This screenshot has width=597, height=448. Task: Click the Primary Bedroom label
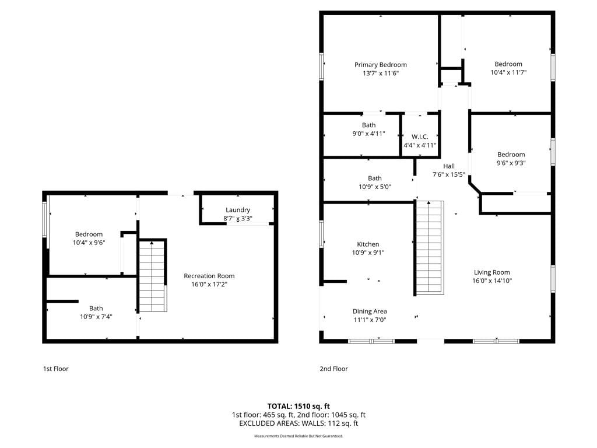380,65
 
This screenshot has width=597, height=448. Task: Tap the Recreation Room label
209,276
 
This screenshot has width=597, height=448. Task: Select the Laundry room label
238,210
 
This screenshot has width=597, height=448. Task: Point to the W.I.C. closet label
420,136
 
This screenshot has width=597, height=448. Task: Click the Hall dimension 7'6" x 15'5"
448,174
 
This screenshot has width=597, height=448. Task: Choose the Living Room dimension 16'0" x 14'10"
492,281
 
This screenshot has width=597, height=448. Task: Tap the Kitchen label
368,244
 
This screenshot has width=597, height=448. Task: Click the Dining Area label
369,311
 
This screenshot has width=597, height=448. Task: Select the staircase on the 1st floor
152,276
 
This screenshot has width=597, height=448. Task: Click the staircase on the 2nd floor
430,247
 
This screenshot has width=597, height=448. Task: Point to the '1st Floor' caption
55,369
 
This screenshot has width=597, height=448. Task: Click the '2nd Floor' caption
333,369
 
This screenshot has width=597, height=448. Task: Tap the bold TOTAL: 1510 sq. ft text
298,406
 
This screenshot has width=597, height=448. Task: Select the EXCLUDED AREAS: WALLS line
298,423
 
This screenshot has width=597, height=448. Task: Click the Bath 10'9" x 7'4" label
96,313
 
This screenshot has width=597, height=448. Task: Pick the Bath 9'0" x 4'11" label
368,129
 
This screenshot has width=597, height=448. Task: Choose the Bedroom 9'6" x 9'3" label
511,159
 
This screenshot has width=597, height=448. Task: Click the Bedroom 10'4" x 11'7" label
508,68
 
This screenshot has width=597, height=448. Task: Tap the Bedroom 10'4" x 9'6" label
89,239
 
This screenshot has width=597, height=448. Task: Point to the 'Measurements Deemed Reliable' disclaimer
298,436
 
